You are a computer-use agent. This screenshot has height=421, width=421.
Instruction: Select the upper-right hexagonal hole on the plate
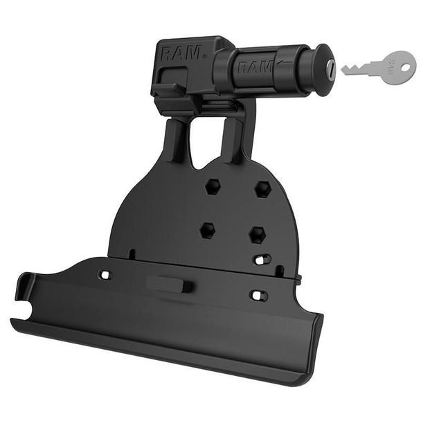tap(262, 188)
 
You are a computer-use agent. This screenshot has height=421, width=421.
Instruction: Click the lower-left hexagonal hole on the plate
tap(206, 230)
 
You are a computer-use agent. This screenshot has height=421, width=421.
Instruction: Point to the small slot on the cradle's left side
tap(104, 275)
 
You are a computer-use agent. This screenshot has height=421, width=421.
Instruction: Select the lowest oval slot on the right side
tap(256, 296)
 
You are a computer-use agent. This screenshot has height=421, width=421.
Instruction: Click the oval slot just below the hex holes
tap(262, 260)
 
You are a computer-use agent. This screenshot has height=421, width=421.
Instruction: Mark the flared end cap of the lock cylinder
tap(323, 68)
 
